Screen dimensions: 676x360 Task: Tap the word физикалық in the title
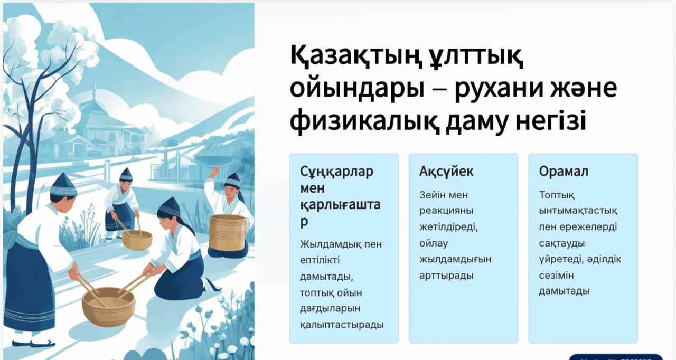coord(364,121)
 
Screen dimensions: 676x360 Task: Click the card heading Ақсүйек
coord(446,172)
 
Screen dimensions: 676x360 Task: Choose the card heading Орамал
coord(564,172)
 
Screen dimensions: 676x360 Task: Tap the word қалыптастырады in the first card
coord(342,325)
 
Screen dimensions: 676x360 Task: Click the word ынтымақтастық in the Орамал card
coord(578,211)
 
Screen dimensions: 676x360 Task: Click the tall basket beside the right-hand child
coord(228,233)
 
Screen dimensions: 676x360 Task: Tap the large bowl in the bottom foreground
coord(108,306)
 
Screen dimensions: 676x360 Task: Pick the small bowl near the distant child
coord(137,240)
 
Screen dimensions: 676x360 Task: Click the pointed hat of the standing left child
coord(64,185)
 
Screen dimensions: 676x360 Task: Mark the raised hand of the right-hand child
coord(215,172)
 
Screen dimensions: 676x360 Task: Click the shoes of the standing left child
coord(33,343)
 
